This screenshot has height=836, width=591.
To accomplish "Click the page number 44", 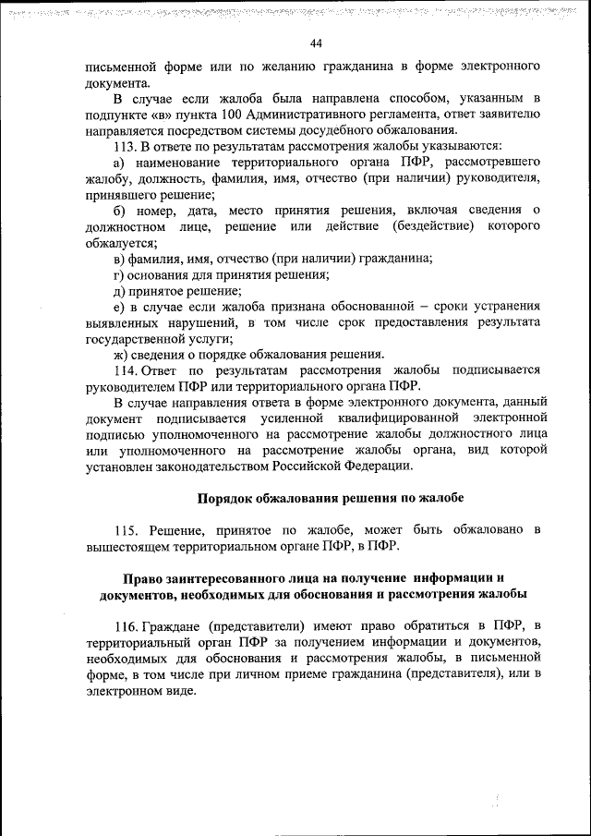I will (316, 43).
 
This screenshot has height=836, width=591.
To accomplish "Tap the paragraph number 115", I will (126, 530).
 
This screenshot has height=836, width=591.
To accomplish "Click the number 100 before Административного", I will (234, 114).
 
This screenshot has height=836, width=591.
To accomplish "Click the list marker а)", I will (120, 163).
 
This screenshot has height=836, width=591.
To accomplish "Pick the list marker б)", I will (120, 211).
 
